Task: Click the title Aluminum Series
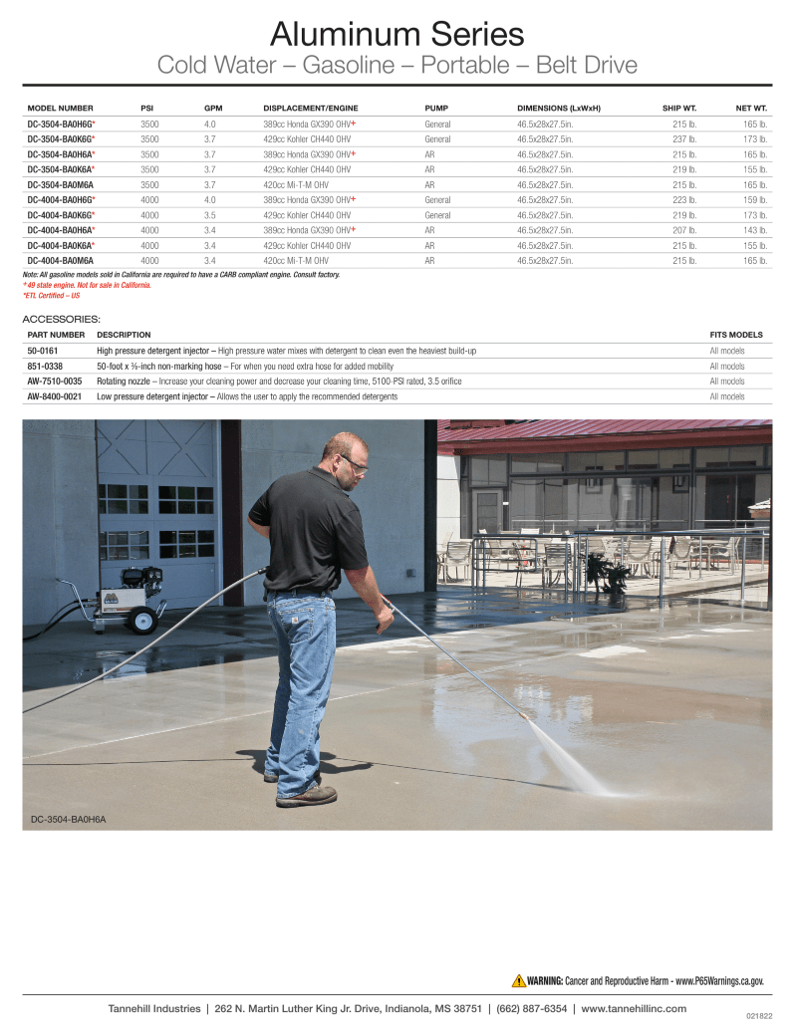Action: pyautogui.click(x=397, y=35)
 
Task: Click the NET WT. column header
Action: pyautogui.click(x=750, y=108)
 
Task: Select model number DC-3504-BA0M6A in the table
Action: pyautogui.click(x=62, y=184)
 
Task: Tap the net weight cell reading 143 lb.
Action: pyautogui.click(x=755, y=230)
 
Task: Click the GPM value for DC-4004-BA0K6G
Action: pyautogui.click(x=210, y=215)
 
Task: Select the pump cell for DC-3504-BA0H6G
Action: pyautogui.click(x=437, y=124)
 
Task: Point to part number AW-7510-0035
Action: pyautogui.click(x=54, y=381)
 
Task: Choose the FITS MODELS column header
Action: pyautogui.click(x=735, y=335)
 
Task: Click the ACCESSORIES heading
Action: pyautogui.click(x=61, y=319)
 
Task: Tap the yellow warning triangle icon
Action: pyautogui.click(x=518, y=980)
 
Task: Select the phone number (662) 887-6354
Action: pyautogui.click(x=532, y=1008)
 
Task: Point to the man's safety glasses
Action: pyautogui.click(x=355, y=463)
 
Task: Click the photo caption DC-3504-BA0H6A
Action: pyautogui.click(x=68, y=819)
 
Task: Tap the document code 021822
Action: pyautogui.click(x=758, y=1016)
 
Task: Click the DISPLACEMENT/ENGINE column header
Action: pyautogui.click(x=310, y=108)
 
